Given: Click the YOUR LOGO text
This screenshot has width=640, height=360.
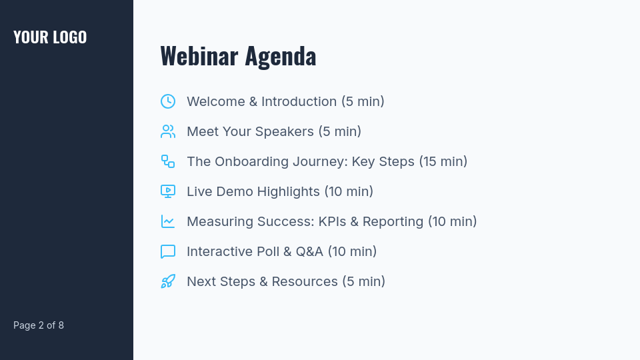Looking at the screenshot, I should click(x=50, y=37).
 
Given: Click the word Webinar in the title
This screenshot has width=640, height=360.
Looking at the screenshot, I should click(x=199, y=56).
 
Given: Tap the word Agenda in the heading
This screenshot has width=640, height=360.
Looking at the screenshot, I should click(x=280, y=56).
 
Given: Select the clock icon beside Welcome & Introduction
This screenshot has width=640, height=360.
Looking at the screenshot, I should click(x=168, y=101).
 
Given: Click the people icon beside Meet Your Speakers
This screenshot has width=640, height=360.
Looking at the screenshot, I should click(x=168, y=131).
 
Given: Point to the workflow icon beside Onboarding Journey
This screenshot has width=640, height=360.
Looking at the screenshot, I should click(x=168, y=161).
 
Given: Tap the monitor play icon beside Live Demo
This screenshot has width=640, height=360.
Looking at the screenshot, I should click(x=168, y=191).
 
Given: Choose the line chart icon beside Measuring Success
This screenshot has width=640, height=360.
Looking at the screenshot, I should click(x=168, y=221).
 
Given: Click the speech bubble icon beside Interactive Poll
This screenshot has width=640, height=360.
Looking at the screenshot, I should click(x=168, y=251).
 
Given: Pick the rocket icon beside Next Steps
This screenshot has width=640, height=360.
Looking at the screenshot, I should click(x=168, y=281).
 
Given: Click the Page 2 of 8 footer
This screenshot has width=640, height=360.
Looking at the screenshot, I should click(x=39, y=325).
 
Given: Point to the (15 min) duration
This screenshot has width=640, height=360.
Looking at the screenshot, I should click(x=443, y=161).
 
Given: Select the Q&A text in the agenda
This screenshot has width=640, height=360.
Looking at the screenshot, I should click(x=309, y=251).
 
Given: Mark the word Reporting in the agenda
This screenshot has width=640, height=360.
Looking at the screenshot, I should click(x=393, y=221).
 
